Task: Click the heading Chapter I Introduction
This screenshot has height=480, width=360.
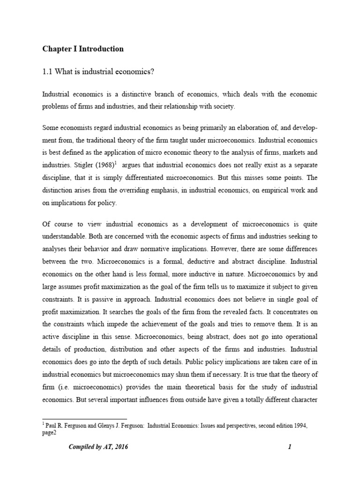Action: tap(83, 49)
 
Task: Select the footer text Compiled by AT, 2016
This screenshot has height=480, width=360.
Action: tap(98, 447)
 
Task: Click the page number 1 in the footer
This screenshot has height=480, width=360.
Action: tap(290, 447)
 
